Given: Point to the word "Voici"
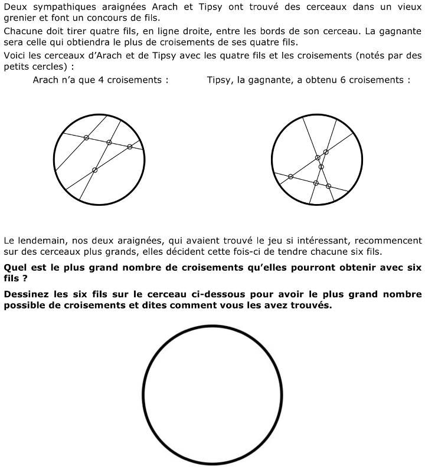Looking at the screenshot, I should [x=15, y=55].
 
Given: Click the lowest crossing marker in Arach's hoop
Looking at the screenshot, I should [x=94, y=170].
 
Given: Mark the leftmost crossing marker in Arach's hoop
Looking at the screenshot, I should [x=86, y=138].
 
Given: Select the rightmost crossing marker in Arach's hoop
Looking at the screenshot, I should [x=130, y=146].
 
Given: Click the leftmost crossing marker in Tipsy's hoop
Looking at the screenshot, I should [x=290, y=176].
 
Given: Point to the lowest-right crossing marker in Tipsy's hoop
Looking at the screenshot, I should [x=329, y=186].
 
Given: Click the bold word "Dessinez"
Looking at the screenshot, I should [x=27, y=294].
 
